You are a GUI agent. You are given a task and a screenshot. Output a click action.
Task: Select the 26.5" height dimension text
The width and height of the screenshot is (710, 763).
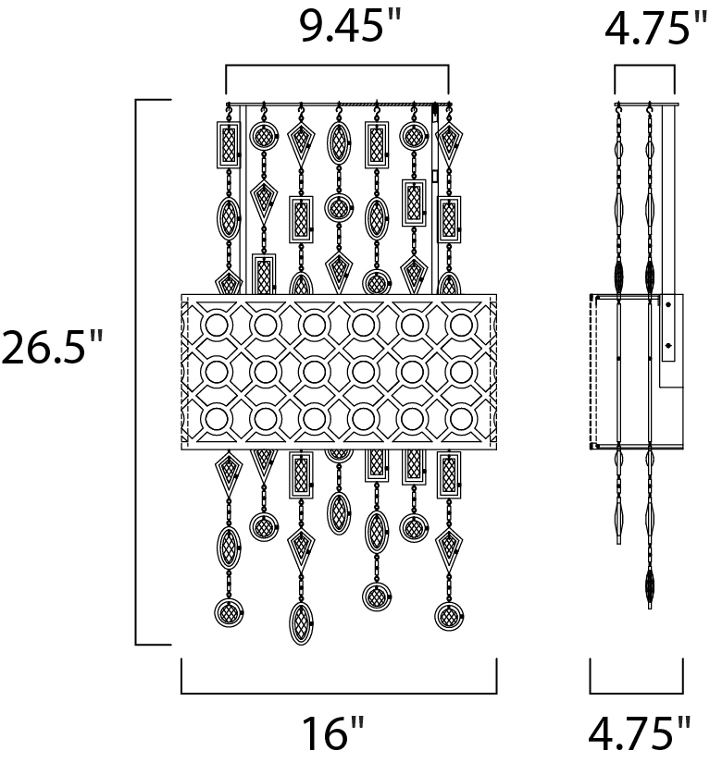click(x=53, y=347)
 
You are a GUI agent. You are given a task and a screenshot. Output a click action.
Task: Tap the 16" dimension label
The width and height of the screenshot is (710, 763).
click(x=333, y=732)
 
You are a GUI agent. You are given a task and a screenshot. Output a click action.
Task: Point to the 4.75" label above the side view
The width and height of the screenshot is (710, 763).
click(x=656, y=29)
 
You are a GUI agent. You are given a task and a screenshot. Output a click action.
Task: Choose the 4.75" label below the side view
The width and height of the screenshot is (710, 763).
click(x=640, y=732)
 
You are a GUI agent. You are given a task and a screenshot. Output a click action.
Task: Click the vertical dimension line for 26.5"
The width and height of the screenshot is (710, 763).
click(x=136, y=373)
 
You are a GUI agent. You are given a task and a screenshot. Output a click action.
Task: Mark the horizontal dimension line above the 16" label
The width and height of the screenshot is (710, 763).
click(x=339, y=693)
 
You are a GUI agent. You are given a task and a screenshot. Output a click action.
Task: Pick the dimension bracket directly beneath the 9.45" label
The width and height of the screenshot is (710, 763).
click(x=337, y=66)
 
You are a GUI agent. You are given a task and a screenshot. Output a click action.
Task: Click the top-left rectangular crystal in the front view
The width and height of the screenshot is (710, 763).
click(x=228, y=144)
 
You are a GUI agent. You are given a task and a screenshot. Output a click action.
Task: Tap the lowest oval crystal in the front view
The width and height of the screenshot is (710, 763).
click(x=301, y=624)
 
